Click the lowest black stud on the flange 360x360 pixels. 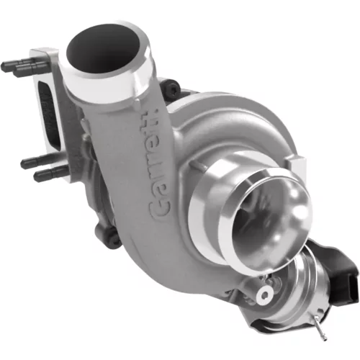pos(50,174)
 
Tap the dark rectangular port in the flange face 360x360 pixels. pos(50,114)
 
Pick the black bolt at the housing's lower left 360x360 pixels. pos(107,233)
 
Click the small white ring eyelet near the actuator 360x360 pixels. pos(264,294)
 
